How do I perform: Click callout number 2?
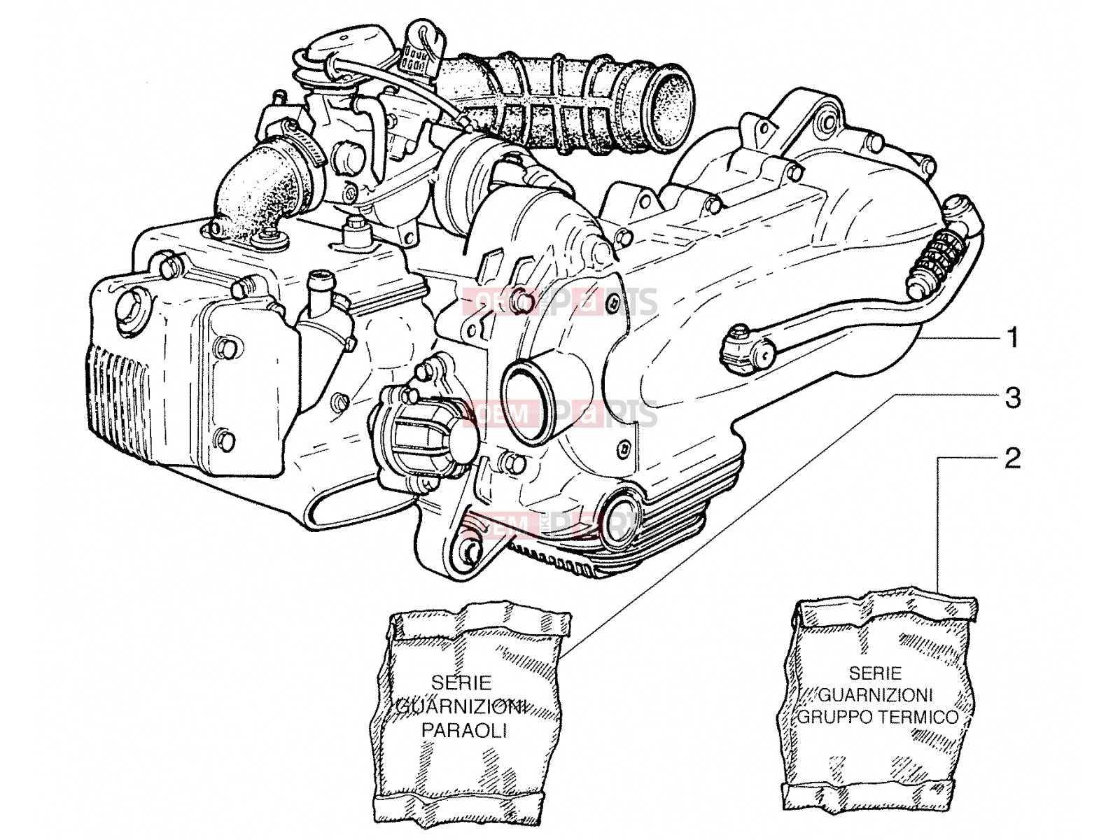click(x=1012, y=458)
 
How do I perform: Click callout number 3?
click(x=1013, y=398)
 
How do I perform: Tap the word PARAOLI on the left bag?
click(x=464, y=731)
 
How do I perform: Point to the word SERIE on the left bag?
click(x=461, y=682)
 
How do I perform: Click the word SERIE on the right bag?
click(x=876, y=673)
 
